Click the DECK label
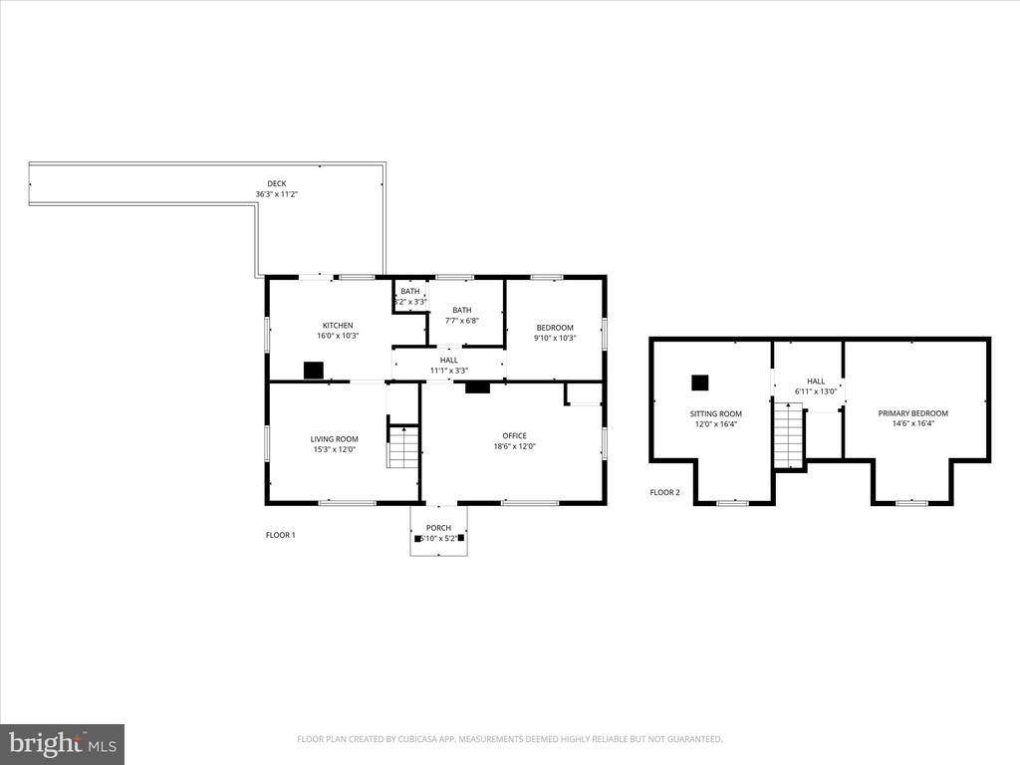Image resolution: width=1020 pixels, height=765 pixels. coord(276,183)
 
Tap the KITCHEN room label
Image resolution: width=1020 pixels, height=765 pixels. coord(337,326)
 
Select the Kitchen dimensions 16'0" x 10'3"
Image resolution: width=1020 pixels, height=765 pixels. coord(337,336)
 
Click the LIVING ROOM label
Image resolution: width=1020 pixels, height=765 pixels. coord(334,439)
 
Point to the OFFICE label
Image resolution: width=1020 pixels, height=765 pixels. coord(514,435)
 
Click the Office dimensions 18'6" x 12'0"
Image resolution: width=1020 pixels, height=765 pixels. coord(514,446)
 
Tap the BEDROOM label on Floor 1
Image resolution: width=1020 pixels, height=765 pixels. coord(555,328)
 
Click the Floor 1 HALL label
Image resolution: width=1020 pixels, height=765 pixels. coord(448,360)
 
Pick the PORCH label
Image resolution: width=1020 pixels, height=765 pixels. coord(438,528)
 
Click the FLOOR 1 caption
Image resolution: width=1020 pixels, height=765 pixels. coord(280,535)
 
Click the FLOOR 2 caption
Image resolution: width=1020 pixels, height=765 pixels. coord(664,492)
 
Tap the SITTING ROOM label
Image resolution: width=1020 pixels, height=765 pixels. coord(716,413)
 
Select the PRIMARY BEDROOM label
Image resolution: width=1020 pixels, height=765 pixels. coord(912,413)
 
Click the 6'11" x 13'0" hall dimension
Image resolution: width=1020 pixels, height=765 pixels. coord(816,391)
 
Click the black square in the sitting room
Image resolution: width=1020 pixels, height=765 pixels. coord(700,382)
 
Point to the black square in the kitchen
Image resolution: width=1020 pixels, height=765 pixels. coord(314,371)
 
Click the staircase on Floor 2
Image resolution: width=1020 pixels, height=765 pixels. coord(789,437)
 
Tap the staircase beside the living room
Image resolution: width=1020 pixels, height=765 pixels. coord(402,446)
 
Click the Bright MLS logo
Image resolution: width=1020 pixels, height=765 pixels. coord(62,744)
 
